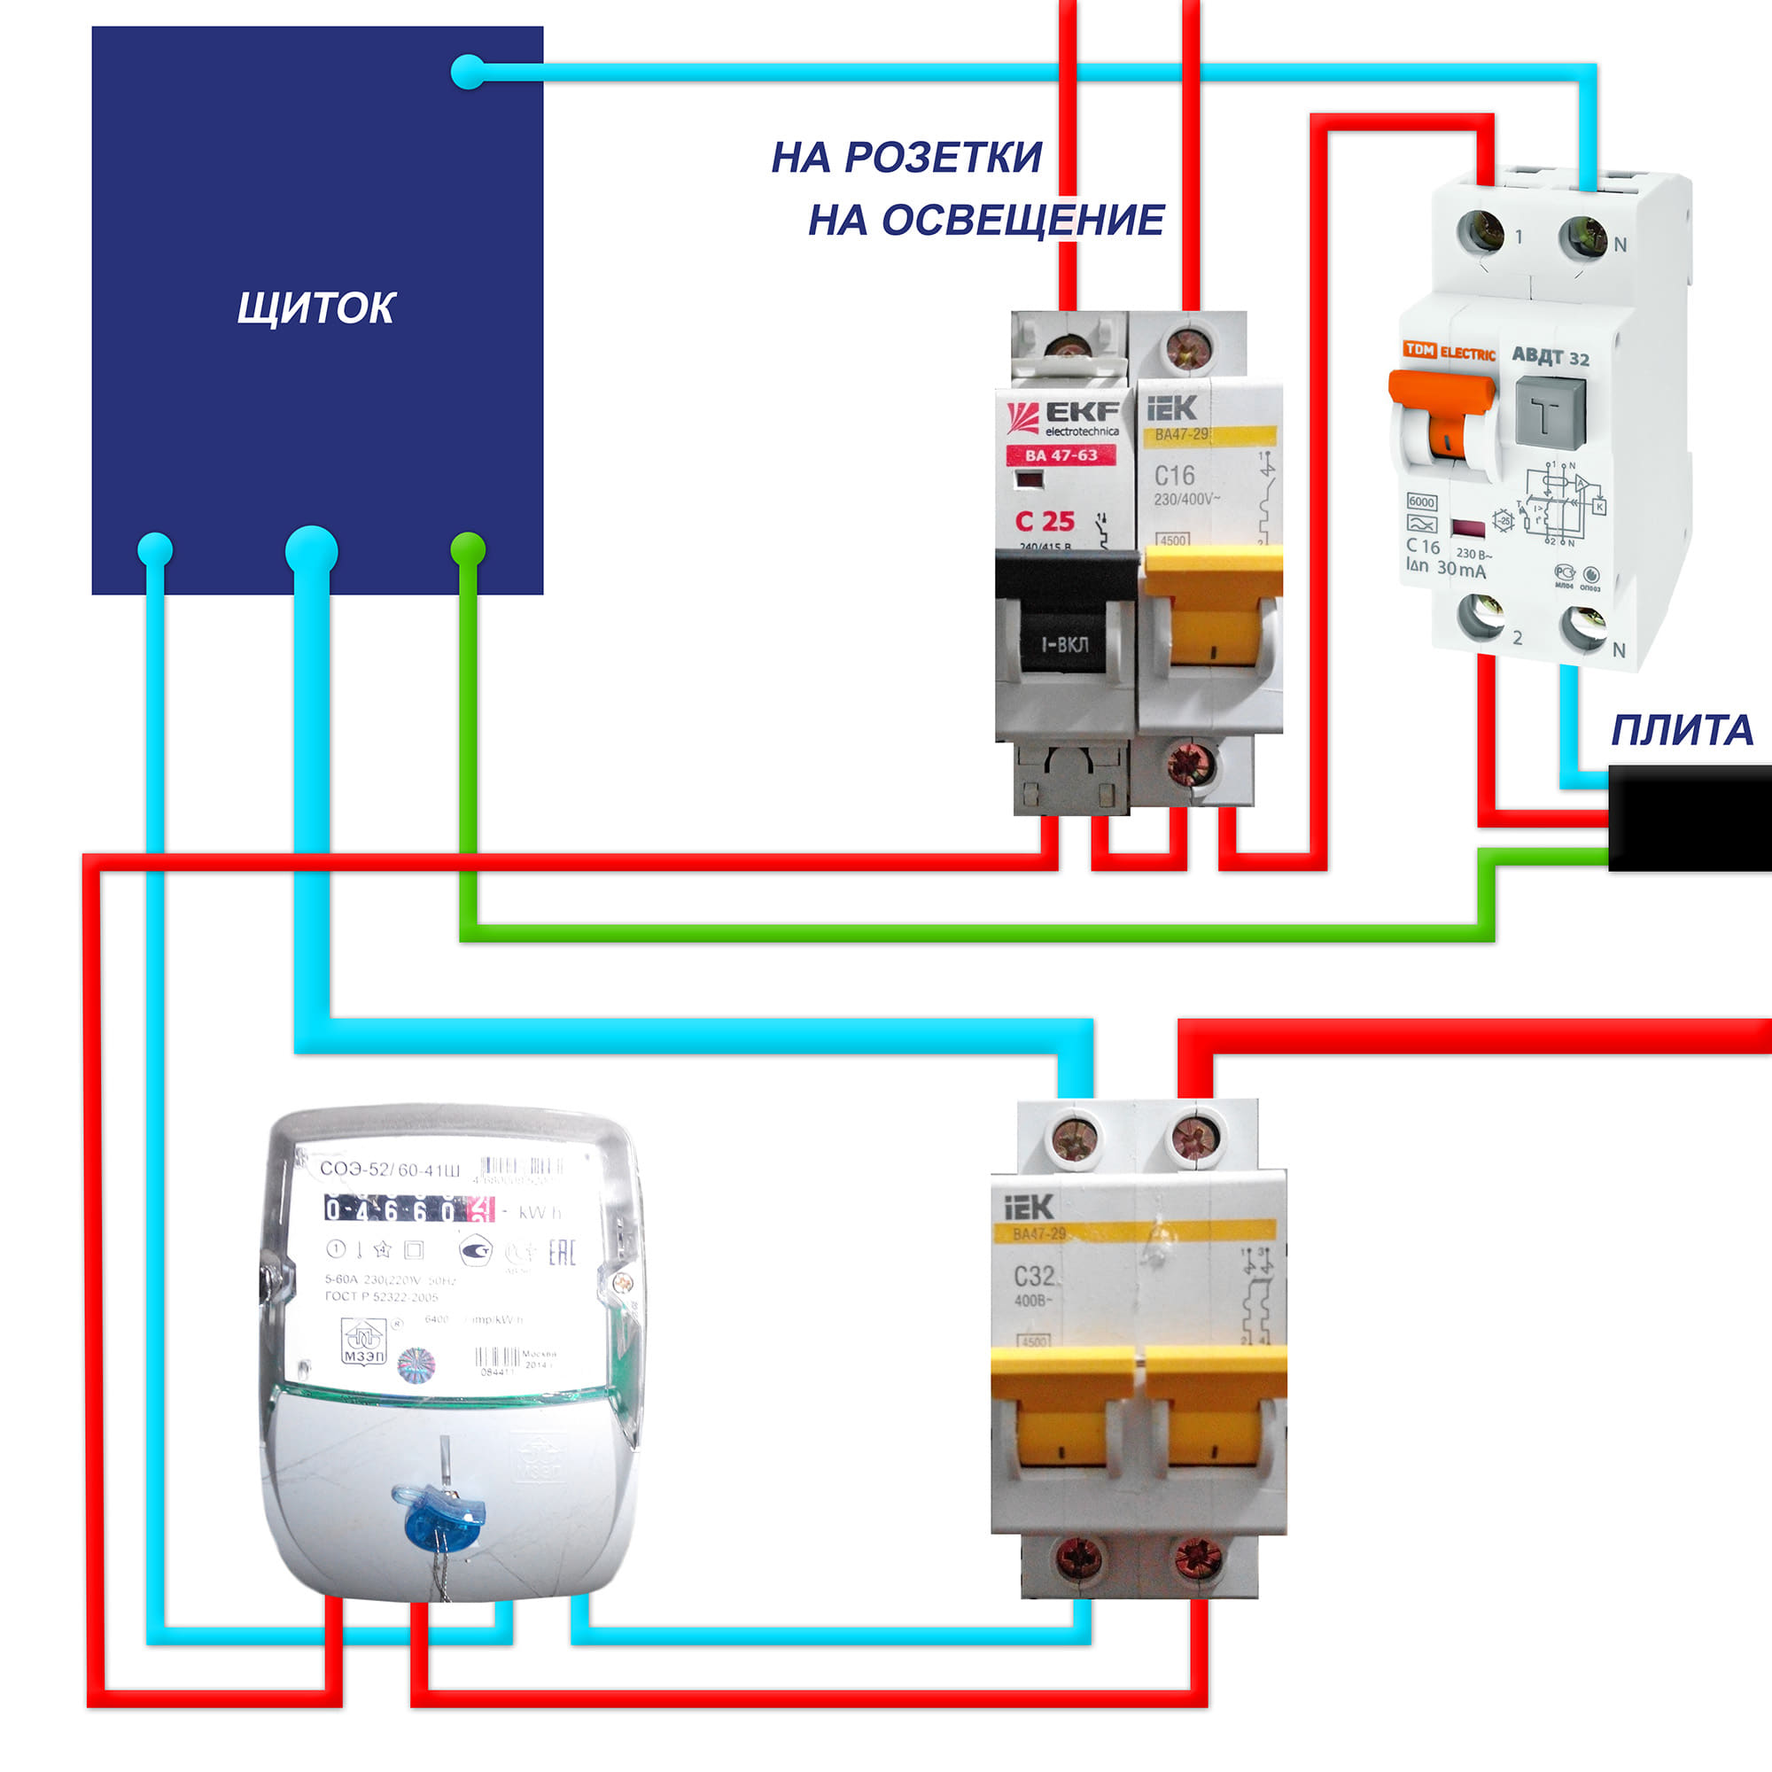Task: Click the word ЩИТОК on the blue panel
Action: pyautogui.click(x=315, y=308)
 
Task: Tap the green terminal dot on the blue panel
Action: pyautogui.click(x=468, y=548)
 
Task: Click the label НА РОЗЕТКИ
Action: pyautogui.click(x=906, y=157)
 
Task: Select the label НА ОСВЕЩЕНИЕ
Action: pyautogui.click(x=986, y=220)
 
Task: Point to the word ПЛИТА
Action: pyautogui.click(x=1683, y=730)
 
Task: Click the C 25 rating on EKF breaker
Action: pyautogui.click(x=1045, y=521)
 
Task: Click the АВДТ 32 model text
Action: pyautogui.click(x=1550, y=356)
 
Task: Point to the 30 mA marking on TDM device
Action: pyautogui.click(x=1461, y=569)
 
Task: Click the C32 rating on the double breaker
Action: pyautogui.click(x=1034, y=1276)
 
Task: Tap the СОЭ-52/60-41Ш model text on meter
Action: pyautogui.click(x=390, y=1170)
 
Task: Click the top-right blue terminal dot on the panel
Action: pyautogui.click(x=468, y=72)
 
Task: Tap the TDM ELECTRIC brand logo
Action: pyautogui.click(x=1449, y=351)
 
